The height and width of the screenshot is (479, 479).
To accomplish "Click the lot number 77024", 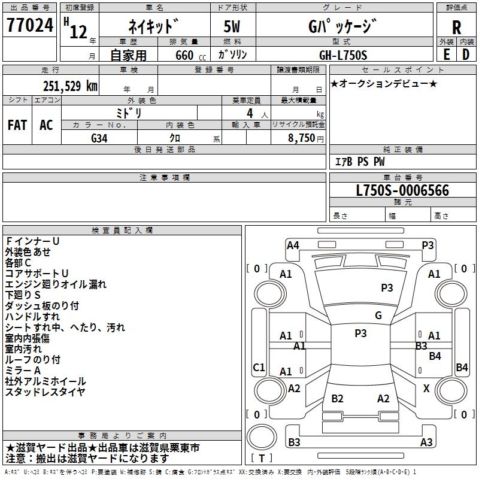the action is pyautogui.click(x=30, y=25).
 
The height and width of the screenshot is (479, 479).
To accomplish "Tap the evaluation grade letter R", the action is pyautogui.click(x=456, y=28).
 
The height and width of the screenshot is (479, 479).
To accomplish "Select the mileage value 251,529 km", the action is pyautogui.click(x=70, y=86).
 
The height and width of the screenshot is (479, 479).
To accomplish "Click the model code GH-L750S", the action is pyautogui.click(x=343, y=55).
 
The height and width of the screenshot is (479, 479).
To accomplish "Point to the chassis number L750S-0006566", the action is pyautogui.click(x=402, y=190).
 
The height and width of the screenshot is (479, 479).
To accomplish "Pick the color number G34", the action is pyautogui.click(x=99, y=138).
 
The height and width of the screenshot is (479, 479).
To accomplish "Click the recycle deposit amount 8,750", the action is pyautogui.click(x=301, y=138).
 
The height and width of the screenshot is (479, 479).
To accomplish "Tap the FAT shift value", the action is pyautogui.click(x=17, y=125).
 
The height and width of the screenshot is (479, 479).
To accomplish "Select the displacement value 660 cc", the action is pyautogui.click(x=190, y=56).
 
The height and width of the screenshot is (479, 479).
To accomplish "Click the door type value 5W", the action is pyautogui.click(x=232, y=26).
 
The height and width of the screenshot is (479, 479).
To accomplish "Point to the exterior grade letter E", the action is pyautogui.click(x=446, y=54).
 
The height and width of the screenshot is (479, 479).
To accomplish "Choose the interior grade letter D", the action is pyautogui.click(x=466, y=54).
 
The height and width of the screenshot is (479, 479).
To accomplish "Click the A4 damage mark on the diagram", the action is pyautogui.click(x=293, y=245).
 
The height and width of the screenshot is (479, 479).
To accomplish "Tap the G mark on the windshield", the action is pyautogui.click(x=378, y=316).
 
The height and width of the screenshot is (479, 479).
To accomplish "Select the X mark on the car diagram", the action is pyautogui.click(x=426, y=389).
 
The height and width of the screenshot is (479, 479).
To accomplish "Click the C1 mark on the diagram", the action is pyautogui.click(x=259, y=367).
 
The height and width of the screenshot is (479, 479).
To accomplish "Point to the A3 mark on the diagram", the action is pyautogui.click(x=426, y=442).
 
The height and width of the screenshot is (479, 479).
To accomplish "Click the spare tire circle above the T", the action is pyautogui.click(x=262, y=437).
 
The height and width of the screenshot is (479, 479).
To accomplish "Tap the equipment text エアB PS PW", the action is pyautogui.click(x=360, y=162).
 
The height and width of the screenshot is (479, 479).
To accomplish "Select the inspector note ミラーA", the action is pyautogui.click(x=23, y=371).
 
